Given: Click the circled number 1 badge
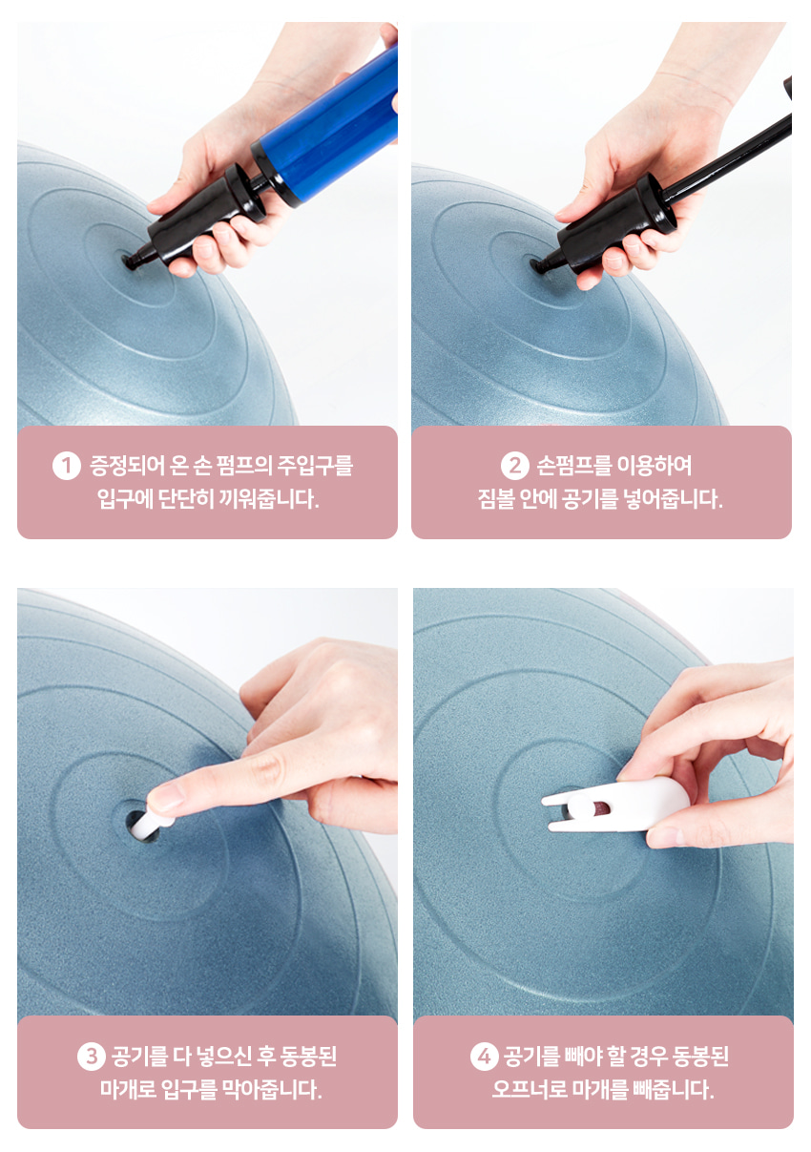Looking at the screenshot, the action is (67, 466).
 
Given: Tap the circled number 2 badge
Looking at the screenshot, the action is (515, 466).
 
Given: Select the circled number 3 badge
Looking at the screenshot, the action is (92, 1056).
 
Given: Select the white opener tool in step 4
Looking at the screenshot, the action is (615, 806).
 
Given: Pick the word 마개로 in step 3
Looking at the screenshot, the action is (128, 1088).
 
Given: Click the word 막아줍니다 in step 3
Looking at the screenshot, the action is (272, 1088).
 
